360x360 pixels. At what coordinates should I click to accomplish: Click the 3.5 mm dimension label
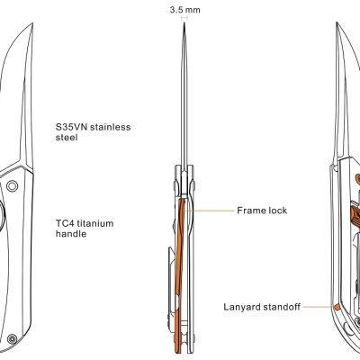click(184, 10)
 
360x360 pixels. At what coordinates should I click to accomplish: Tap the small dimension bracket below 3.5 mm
click(184, 18)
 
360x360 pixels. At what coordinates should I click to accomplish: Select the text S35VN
click(71, 127)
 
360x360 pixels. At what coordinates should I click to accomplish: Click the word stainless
click(111, 127)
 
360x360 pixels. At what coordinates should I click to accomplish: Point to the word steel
click(67, 138)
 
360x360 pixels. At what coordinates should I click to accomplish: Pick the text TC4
click(65, 223)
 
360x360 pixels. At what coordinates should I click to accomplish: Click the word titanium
click(95, 223)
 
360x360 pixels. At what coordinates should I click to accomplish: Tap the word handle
click(71, 234)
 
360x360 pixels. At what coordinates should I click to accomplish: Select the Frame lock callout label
click(262, 211)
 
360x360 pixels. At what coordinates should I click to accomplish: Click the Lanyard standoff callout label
click(262, 307)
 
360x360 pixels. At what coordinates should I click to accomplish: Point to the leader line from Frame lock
click(210, 211)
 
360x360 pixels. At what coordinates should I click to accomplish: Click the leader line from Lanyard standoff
click(318, 307)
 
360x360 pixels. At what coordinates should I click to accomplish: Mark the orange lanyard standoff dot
click(337, 306)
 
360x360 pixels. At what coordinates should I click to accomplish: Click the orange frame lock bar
click(179, 270)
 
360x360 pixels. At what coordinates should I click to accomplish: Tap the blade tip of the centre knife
click(184, 22)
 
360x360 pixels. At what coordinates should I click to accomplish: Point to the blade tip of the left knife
click(32, 24)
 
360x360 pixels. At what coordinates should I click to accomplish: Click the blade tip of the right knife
click(337, 22)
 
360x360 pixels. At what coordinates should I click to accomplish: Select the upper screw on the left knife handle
click(13, 186)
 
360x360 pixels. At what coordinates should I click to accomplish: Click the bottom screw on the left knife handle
click(12, 339)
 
